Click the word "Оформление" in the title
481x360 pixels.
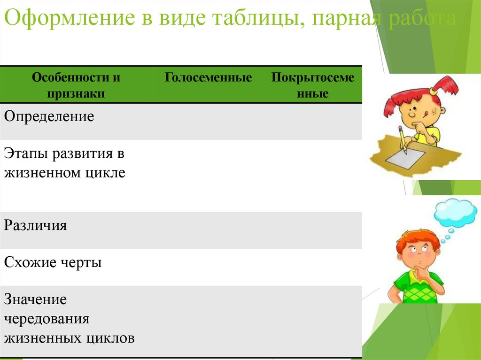pos(69,20)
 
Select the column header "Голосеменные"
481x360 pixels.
pos(208,78)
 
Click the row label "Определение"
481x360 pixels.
pos(49,116)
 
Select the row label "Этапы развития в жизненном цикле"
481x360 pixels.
pos(65,163)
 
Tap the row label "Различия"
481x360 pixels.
pos(36,226)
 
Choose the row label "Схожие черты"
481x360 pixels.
pos(53,262)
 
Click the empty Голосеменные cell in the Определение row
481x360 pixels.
pos(208,121)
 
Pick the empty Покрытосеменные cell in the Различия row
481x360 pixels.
pos(312,230)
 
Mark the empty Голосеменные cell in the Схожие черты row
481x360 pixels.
pos(208,267)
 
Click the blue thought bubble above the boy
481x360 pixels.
pos(454,214)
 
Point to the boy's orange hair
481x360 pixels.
pos(416,239)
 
